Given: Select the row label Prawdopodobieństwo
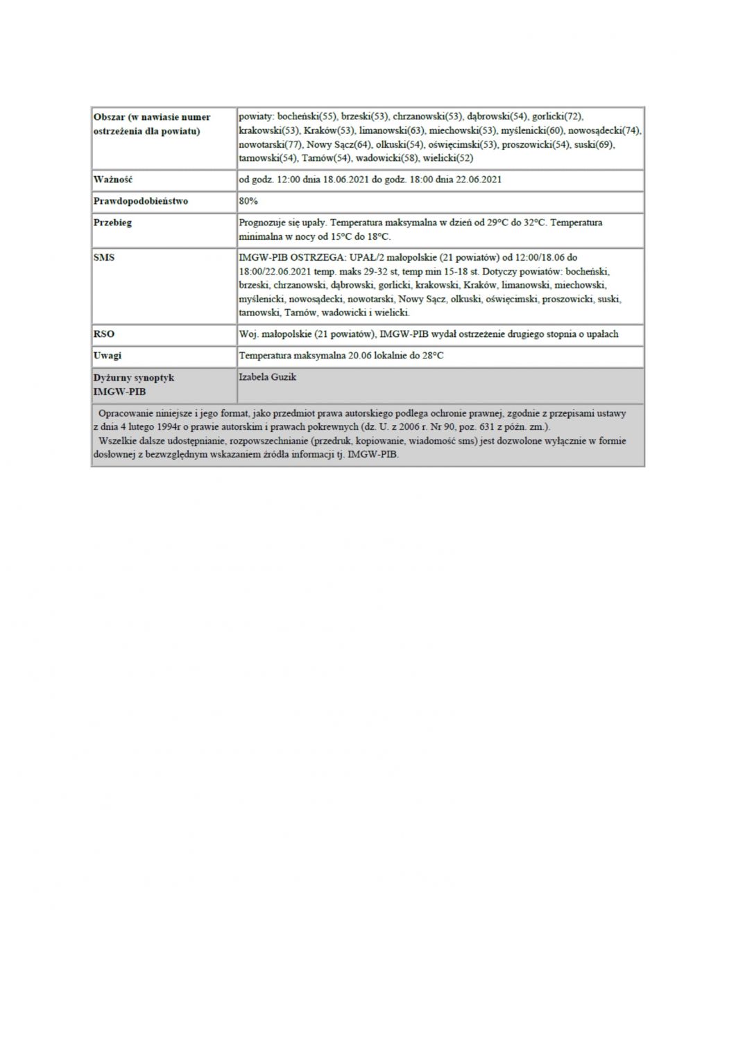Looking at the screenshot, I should [141, 201].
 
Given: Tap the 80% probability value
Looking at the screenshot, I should [248, 201].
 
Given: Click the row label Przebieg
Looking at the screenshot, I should [112, 223].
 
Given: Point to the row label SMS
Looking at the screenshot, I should [103, 257].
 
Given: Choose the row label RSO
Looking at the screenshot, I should [103, 334].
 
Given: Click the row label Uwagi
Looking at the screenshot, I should [108, 356].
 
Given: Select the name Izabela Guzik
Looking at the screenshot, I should [267, 377].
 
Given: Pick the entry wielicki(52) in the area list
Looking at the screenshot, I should [447, 158].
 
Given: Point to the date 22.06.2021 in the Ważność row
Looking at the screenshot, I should [477, 180].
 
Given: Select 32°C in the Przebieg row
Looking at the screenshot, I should [534, 223].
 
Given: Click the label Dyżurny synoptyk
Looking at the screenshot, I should [134, 378].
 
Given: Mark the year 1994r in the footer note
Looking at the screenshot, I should [173, 426].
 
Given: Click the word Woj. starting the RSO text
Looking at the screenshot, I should [248, 334].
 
